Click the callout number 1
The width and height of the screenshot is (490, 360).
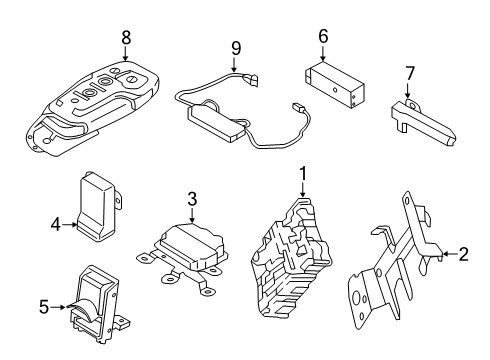(301, 175)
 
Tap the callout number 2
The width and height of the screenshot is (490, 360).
(462, 254)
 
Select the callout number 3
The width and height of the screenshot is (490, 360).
(190, 199)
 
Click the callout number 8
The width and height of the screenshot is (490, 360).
(126, 37)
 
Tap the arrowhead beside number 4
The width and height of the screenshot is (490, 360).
(75, 225)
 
